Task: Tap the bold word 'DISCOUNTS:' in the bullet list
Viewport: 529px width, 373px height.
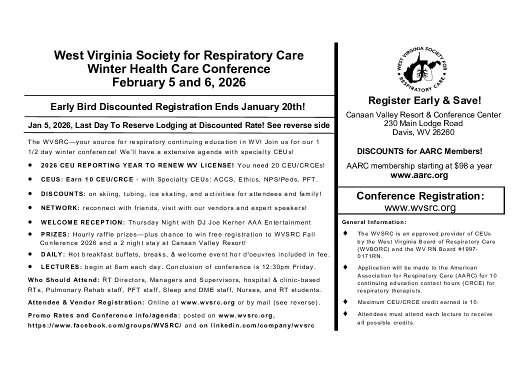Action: click(60, 193)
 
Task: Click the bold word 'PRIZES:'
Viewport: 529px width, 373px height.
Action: click(54, 233)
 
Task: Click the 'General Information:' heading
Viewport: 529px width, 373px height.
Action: click(373, 221)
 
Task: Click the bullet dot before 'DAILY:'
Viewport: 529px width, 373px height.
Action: click(31, 254)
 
